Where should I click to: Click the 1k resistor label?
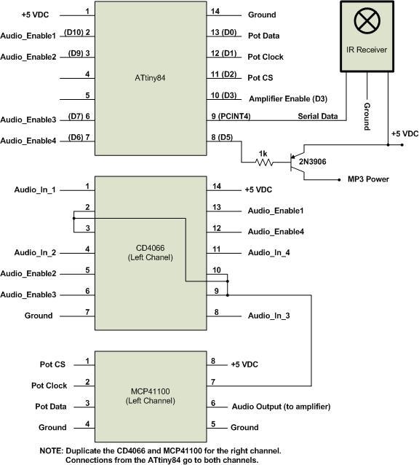click(x=264, y=154)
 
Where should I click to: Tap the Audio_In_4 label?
click(x=270, y=252)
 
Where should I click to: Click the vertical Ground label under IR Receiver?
click(x=367, y=117)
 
